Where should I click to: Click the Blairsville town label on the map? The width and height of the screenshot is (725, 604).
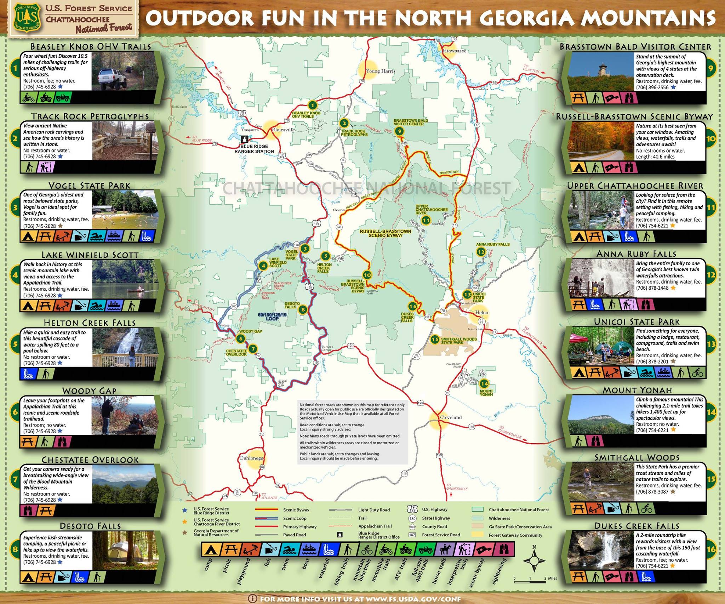coord(283,130)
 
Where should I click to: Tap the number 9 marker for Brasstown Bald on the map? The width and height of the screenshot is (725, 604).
coord(399,131)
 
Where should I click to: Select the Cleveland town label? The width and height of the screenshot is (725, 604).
coord(451,417)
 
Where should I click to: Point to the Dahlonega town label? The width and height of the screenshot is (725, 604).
coord(252,458)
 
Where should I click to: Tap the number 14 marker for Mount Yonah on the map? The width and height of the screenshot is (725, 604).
coord(484,383)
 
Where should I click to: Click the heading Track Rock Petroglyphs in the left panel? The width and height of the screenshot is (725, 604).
coord(90,116)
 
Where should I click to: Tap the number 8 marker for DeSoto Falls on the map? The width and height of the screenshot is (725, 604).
coord(303,310)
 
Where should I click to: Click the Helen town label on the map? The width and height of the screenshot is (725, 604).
coord(481,312)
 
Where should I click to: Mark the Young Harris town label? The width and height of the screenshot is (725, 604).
coord(381,71)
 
